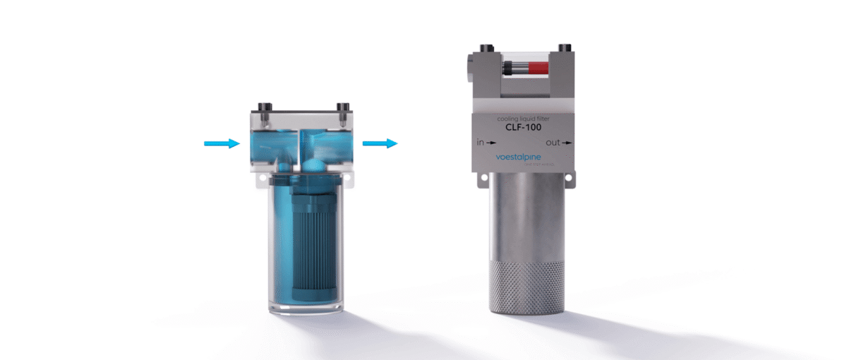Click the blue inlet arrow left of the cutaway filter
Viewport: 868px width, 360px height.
221,144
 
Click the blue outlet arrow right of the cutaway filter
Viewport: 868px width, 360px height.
380,143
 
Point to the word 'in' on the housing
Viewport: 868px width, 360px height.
481,143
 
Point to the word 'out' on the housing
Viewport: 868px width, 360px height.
553,143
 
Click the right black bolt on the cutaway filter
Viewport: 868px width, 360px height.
342,109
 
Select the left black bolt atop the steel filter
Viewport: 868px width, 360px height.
484,49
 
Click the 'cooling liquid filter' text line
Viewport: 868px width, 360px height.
523,119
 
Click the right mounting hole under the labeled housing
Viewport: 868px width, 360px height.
569,181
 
